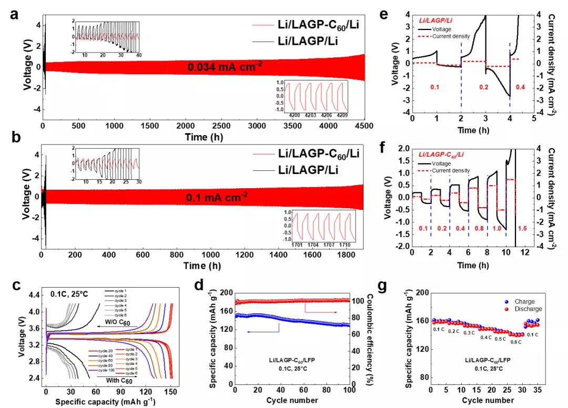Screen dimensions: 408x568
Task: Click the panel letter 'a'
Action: click(15, 14)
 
